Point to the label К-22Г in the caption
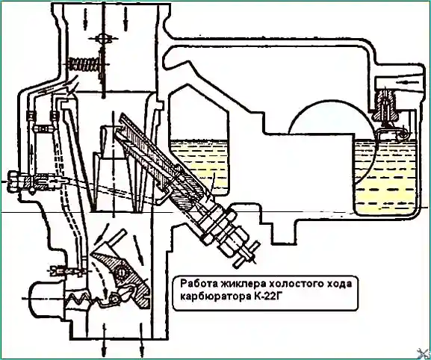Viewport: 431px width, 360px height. click(x=267, y=297)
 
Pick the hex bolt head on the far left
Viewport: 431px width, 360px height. click(x=13, y=182)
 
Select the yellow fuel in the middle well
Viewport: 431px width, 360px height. click(x=199, y=167)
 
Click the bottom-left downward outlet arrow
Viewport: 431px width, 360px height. click(x=104, y=341)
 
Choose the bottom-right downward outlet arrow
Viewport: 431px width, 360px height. click(x=142, y=341)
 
